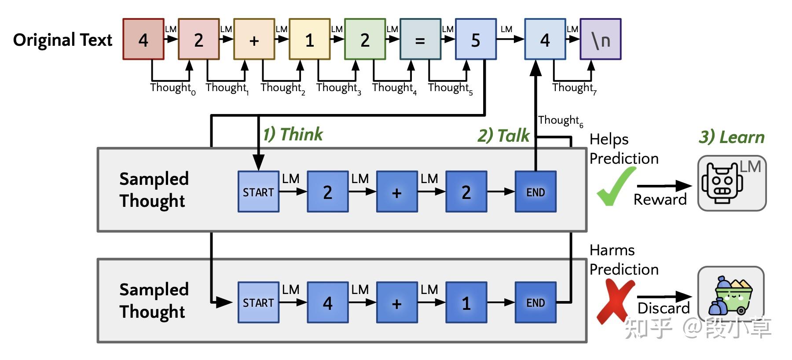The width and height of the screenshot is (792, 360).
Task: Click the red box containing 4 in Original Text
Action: click(143, 39)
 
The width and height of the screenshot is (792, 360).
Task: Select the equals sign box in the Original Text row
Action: click(420, 39)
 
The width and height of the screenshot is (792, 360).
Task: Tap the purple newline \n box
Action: click(600, 39)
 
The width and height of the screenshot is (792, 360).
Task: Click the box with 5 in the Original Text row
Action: click(476, 39)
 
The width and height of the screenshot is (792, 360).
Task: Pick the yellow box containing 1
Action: click(309, 39)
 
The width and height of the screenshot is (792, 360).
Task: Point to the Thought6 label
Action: click(560, 121)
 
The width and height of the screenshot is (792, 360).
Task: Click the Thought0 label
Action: click(172, 88)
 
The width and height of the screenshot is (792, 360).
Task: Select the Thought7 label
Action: click(574, 88)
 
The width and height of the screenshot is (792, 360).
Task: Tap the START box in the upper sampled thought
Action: click(258, 192)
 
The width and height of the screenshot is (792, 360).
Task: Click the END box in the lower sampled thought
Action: click(535, 303)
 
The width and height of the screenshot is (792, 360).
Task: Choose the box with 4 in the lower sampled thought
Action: click(327, 303)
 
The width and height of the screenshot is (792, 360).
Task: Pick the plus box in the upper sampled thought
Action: click(397, 192)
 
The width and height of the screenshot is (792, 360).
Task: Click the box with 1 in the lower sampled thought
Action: click(466, 303)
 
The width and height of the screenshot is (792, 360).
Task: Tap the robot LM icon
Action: click(731, 183)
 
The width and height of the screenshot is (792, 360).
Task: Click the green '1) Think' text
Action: click(293, 134)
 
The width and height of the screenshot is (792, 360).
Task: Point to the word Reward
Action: click(660, 199)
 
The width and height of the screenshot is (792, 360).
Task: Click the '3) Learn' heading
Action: click(731, 137)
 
